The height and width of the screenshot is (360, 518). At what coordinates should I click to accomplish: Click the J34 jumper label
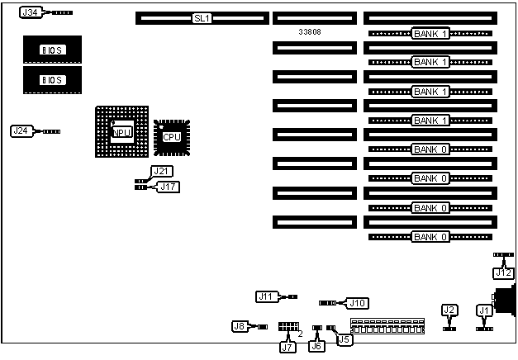tap(30, 13)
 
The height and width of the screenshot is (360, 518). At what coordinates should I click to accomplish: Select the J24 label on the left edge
tap(21, 130)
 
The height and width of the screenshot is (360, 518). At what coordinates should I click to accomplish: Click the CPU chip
tap(172, 136)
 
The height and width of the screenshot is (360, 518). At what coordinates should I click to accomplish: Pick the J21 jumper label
tap(161, 171)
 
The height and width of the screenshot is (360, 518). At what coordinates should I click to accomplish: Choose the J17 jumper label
tap(169, 187)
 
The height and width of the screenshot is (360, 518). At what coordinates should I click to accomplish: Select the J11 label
tap(266, 296)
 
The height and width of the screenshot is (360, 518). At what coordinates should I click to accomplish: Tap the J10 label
tap(358, 303)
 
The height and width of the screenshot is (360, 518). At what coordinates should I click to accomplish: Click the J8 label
tap(240, 326)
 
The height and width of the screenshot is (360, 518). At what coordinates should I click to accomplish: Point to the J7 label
tap(287, 347)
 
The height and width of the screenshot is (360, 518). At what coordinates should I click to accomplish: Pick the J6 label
tap(316, 347)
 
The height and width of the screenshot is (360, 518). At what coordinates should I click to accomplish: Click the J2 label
tap(449, 310)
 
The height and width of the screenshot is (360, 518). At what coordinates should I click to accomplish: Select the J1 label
tap(484, 310)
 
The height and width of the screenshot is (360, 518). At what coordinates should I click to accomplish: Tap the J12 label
tap(503, 272)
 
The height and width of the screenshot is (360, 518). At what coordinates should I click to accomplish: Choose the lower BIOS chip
tap(53, 79)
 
